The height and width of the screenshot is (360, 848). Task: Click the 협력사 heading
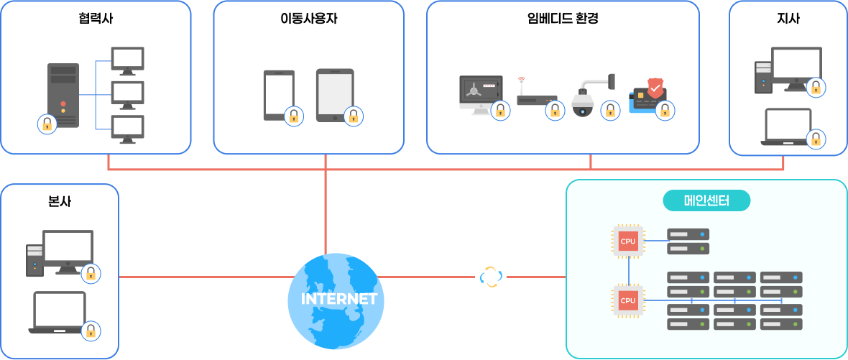coord(96,19)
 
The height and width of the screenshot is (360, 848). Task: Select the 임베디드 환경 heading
coord(563,19)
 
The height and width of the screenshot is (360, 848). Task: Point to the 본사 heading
coord(59,201)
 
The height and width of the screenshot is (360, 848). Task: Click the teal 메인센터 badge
coord(706,200)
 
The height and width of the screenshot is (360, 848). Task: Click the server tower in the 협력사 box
coord(63,93)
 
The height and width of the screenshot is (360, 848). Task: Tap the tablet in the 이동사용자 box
coord(334,93)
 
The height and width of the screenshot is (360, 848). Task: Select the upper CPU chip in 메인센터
coord(627,241)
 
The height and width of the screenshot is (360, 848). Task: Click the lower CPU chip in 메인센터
coord(627,300)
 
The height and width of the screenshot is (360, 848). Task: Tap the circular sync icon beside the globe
coord(491,277)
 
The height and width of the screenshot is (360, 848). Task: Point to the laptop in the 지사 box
coord(788,127)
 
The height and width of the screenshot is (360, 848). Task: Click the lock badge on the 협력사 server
coord(47,124)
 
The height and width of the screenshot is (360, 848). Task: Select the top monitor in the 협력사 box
coord(128,60)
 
